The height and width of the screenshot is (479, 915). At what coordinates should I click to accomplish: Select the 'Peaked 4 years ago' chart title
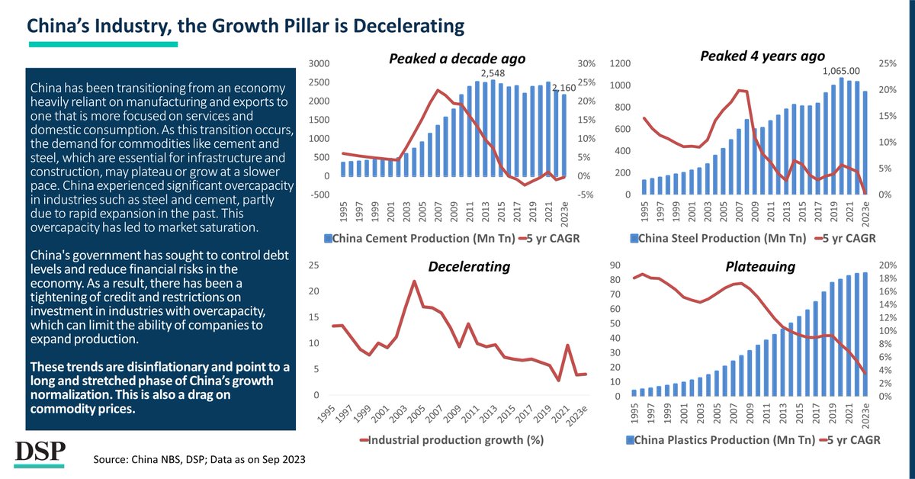pos(762,56)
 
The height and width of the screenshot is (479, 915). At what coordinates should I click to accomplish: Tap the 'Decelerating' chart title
pos(468,266)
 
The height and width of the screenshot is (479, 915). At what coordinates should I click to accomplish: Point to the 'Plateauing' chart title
pos(759,266)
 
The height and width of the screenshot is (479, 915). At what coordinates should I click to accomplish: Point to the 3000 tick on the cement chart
pos(318,63)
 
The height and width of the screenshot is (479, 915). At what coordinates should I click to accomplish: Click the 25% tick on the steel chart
pos(886,63)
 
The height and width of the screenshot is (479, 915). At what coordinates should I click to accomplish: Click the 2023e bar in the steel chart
pos(864,143)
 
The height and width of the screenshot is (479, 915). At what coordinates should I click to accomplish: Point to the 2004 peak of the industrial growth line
pos(414,281)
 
